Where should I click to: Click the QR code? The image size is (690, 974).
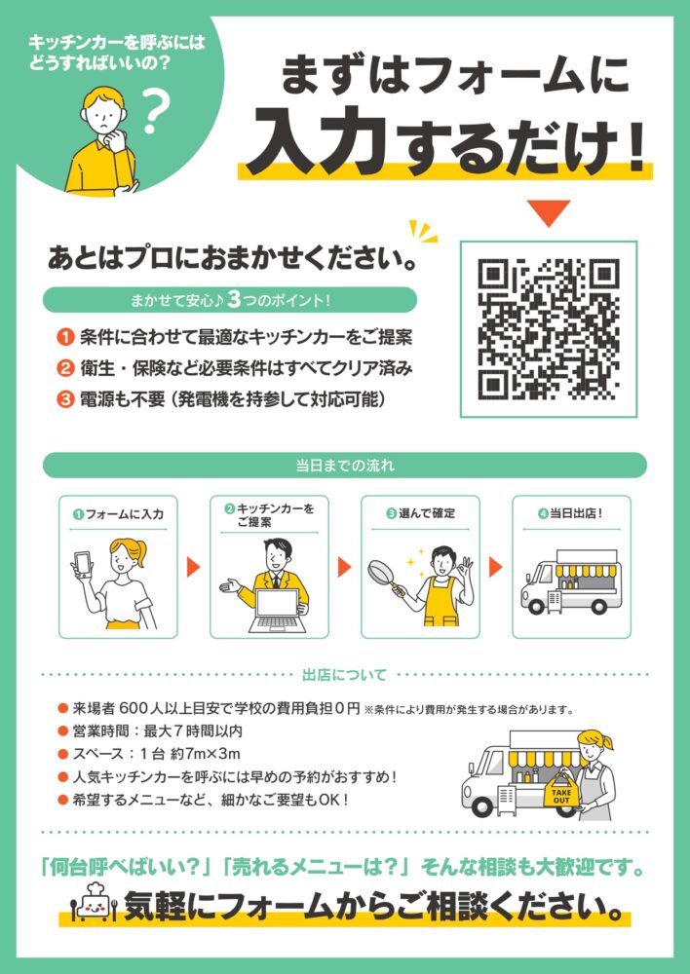[x=549, y=329]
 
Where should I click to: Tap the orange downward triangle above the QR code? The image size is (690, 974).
[x=549, y=211]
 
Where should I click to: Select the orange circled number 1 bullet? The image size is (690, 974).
[x=65, y=338]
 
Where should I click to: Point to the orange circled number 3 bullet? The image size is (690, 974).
[x=65, y=398]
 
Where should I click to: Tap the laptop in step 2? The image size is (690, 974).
[x=278, y=611]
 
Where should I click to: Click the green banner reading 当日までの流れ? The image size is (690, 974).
[x=345, y=466]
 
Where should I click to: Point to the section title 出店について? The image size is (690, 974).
[x=344, y=675]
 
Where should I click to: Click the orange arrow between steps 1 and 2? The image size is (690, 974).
[x=193, y=567]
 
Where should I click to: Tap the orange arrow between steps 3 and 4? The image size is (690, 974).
[x=495, y=567]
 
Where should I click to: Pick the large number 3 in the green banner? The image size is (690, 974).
[x=234, y=300]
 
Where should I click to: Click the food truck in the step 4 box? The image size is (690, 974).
[x=571, y=581]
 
